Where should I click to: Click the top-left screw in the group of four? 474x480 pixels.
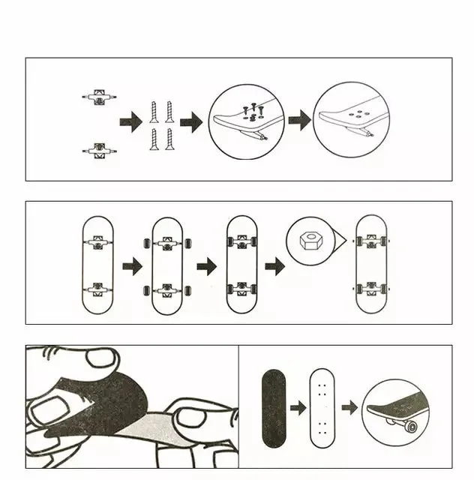[x=154, y=111]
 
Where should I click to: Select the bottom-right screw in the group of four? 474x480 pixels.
[x=169, y=139]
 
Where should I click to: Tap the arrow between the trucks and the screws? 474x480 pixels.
[x=130, y=121]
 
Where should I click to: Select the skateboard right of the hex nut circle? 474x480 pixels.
[x=370, y=265]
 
